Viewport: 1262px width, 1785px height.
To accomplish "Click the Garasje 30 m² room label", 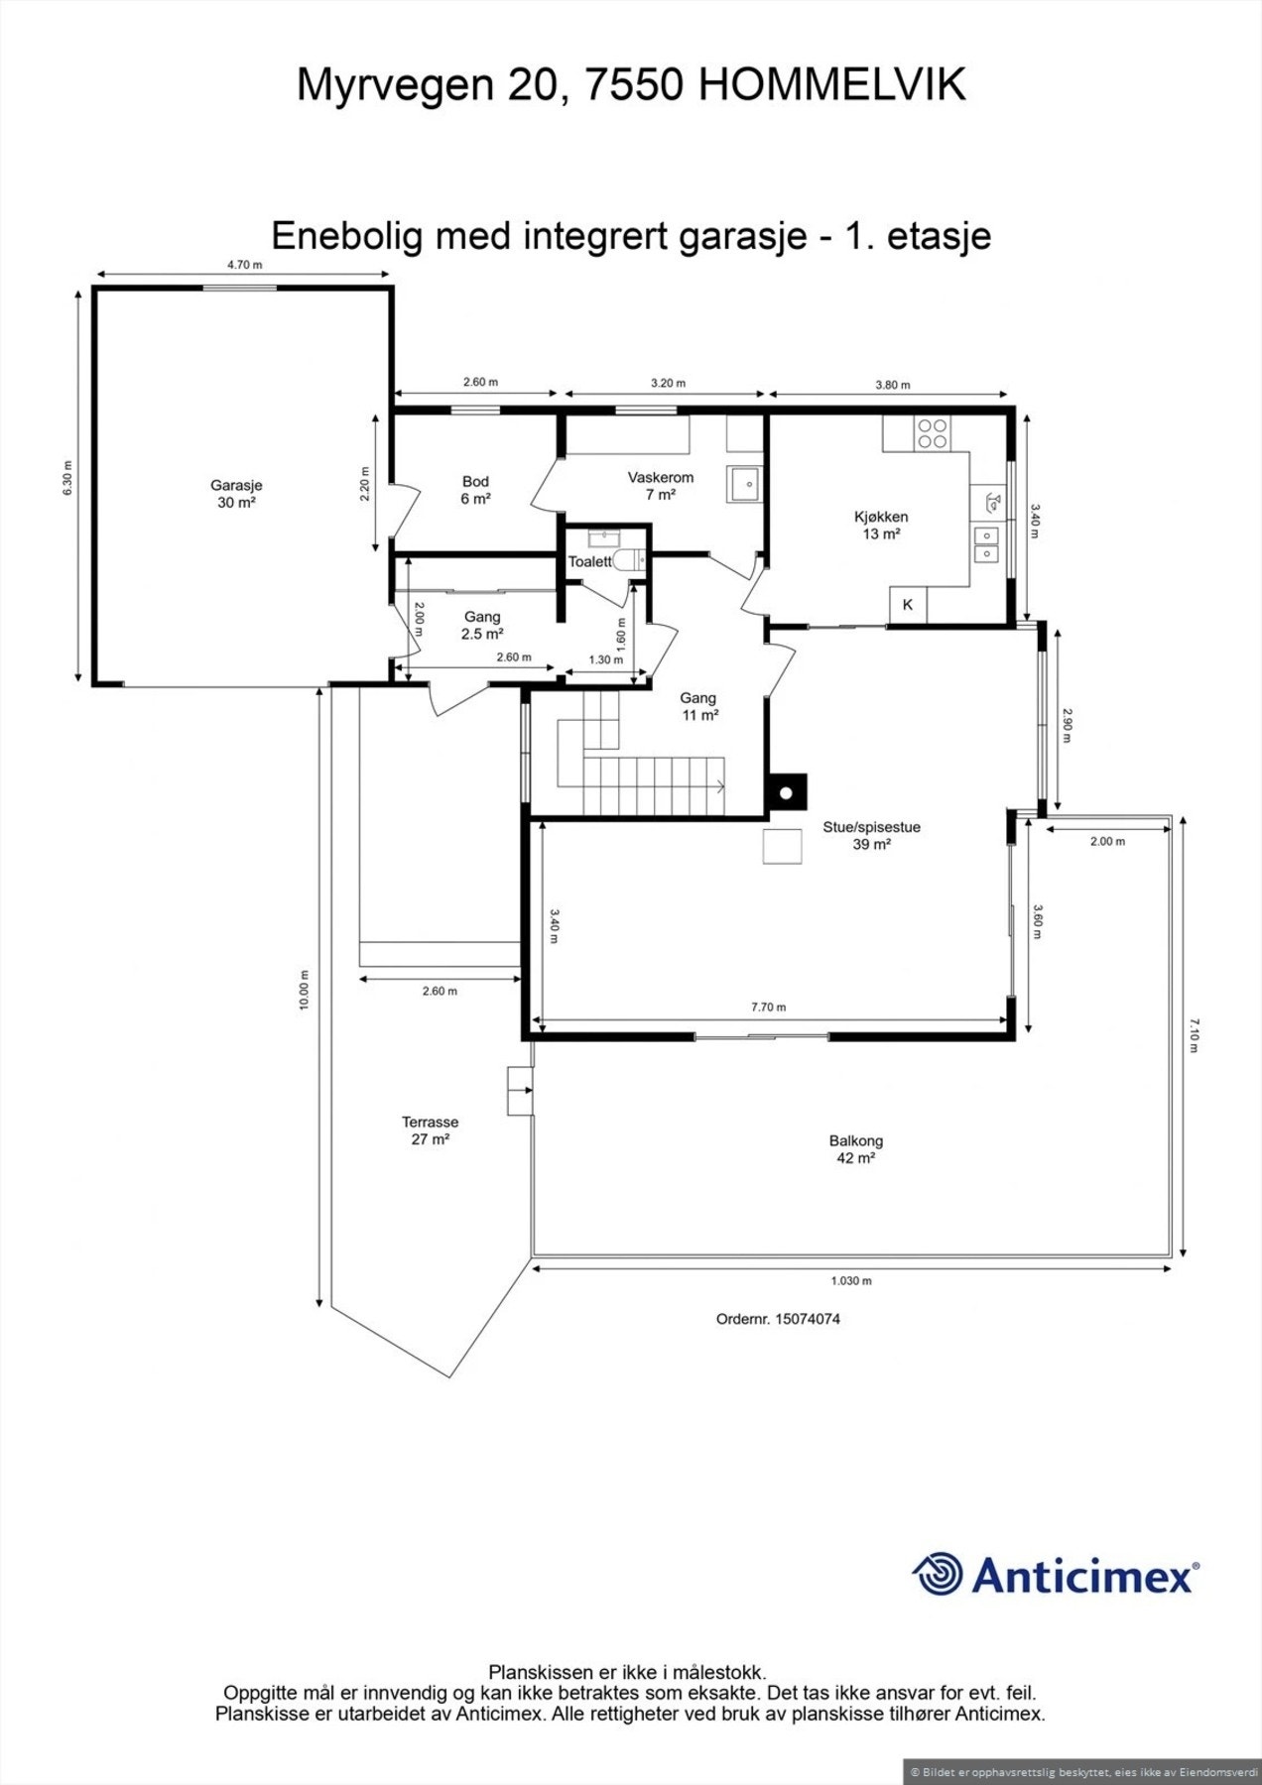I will click(236, 494).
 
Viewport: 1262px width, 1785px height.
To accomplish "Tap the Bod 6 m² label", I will click(475, 490).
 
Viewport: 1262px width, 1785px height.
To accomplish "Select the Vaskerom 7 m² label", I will click(660, 485).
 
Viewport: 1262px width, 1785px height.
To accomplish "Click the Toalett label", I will click(589, 561).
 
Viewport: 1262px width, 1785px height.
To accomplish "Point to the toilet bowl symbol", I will click(628, 561).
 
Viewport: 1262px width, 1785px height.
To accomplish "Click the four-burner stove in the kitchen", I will click(932, 433).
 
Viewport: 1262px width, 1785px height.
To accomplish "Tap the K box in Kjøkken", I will click(907, 604).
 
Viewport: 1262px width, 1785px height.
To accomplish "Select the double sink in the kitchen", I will click(987, 545).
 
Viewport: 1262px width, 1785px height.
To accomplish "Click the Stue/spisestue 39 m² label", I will click(871, 835).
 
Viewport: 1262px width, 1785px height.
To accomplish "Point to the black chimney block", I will click(786, 792).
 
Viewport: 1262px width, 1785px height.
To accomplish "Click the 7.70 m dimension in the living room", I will click(768, 1007).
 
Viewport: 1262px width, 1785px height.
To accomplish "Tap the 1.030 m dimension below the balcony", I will click(851, 1280).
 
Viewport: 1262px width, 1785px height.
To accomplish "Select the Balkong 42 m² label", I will click(855, 1149).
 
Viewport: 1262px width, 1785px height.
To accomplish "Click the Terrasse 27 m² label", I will click(430, 1130).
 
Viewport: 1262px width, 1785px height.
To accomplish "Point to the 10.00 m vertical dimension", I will click(305, 990).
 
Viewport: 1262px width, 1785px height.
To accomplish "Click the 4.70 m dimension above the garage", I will click(244, 265).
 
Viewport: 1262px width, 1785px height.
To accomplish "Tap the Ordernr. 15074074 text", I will click(778, 1319).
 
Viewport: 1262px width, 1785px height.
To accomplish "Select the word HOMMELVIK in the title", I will click(831, 86).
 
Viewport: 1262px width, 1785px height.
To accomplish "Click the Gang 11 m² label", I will click(698, 706).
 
